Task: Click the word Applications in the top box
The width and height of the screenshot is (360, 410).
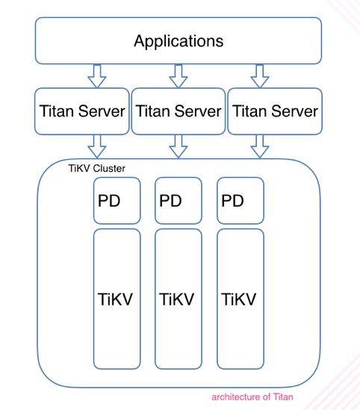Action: tap(179, 41)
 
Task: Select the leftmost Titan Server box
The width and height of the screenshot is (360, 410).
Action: tap(82, 111)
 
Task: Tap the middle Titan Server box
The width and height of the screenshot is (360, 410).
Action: tap(179, 111)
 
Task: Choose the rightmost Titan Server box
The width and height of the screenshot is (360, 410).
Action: tap(275, 111)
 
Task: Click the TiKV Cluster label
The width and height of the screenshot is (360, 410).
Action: tap(97, 168)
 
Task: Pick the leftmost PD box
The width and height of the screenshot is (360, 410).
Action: tap(117, 201)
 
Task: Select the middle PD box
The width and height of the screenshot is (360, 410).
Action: tap(179, 201)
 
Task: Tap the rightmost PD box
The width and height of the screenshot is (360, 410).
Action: tap(240, 201)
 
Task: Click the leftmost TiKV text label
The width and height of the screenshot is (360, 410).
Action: tap(115, 299)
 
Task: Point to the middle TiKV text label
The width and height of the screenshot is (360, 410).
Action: tap(177, 299)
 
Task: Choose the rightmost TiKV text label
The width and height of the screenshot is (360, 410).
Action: tap(238, 299)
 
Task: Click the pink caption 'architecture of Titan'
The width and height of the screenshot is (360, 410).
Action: tap(252, 397)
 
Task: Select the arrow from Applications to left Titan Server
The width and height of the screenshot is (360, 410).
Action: tap(97, 76)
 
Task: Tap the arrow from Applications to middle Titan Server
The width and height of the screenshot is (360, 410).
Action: tap(179, 76)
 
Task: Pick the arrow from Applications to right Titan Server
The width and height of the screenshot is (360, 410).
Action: tap(260, 76)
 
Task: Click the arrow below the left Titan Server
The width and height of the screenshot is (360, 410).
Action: tap(97, 146)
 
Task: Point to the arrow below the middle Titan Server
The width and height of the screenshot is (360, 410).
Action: tap(179, 146)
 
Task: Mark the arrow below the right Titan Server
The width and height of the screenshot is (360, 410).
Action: tap(260, 146)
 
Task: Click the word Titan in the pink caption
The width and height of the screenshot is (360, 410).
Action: tap(283, 397)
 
